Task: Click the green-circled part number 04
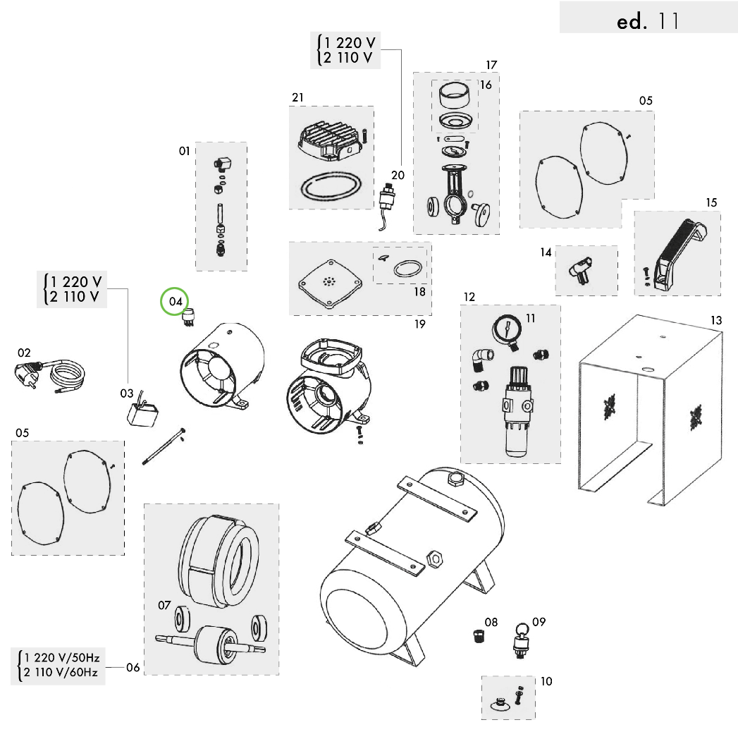pos(175,302)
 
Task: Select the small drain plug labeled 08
pos(479,637)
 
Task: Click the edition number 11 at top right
pos(668,21)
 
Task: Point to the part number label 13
pos(715,321)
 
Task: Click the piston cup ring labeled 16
pos(455,94)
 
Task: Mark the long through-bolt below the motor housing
pos(164,447)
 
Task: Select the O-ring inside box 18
pos(408,269)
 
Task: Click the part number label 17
pos(491,65)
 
